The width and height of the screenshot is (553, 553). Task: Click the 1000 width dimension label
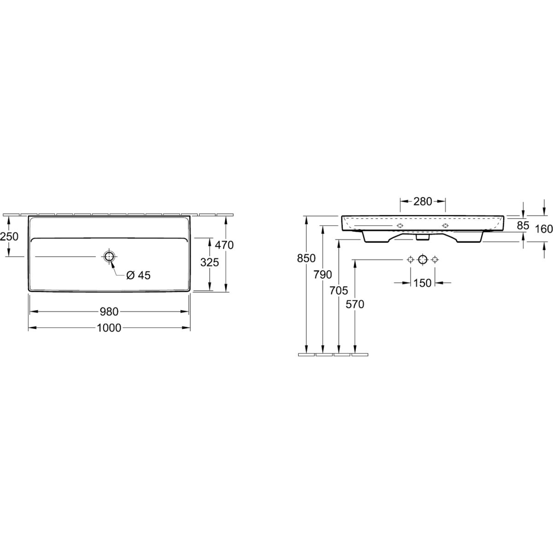pyautogui.click(x=109, y=328)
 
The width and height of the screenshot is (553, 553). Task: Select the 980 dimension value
pyautogui.click(x=109, y=312)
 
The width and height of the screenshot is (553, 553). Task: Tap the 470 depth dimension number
pyautogui.click(x=224, y=245)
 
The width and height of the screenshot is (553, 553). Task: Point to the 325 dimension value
pyautogui.click(x=210, y=262)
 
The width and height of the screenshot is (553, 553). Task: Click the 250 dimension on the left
pyautogui.click(x=9, y=236)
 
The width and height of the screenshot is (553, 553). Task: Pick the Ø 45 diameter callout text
pyautogui.click(x=138, y=276)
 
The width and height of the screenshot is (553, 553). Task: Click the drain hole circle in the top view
pyautogui.click(x=109, y=256)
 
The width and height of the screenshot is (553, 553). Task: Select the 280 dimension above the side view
pyautogui.click(x=423, y=202)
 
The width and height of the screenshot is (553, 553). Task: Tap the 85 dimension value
pyautogui.click(x=523, y=225)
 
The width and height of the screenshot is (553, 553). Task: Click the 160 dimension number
pyautogui.click(x=544, y=229)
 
